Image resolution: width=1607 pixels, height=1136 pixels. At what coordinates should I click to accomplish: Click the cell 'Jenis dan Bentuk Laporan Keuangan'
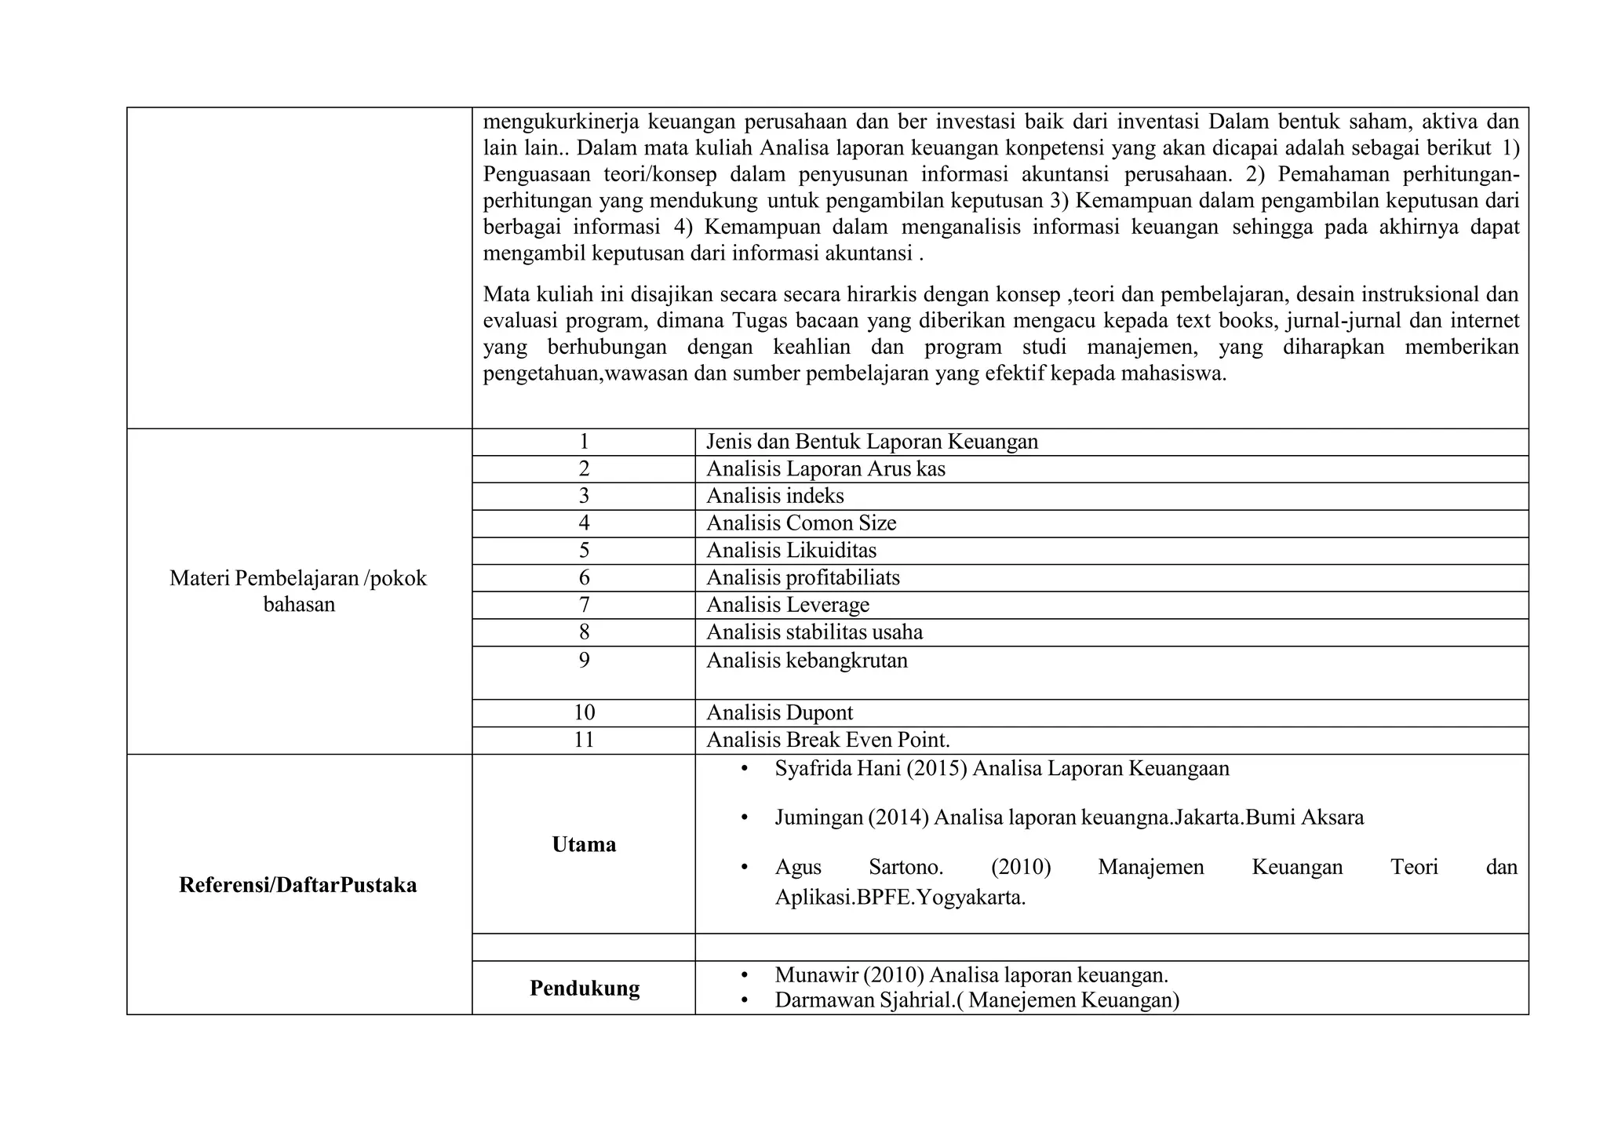pyautogui.click(x=871, y=442)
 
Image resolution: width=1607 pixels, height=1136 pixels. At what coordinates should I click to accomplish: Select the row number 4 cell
pyautogui.click(x=583, y=523)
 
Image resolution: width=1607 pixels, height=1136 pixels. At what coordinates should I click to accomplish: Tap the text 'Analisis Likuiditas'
pyautogui.click(x=791, y=551)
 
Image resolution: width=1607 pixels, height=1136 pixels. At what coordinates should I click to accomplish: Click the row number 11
pyautogui.click(x=583, y=740)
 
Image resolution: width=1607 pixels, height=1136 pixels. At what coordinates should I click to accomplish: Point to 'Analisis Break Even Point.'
pyautogui.click(x=828, y=740)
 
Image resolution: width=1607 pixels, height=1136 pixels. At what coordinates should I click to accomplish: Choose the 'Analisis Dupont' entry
pyautogui.click(x=779, y=712)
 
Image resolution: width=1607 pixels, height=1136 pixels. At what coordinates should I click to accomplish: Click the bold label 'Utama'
pyautogui.click(x=583, y=844)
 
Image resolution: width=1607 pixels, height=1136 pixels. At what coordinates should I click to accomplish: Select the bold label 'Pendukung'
pyautogui.click(x=584, y=988)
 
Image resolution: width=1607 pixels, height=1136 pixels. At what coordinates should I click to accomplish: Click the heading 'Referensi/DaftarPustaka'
pyautogui.click(x=298, y=885)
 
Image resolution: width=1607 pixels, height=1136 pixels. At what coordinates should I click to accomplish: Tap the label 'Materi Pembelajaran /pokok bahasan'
pyautogui.click(x=298, y=591)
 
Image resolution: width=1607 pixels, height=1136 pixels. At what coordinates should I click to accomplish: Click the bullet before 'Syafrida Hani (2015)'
pyautogui.click(x=744, y=769)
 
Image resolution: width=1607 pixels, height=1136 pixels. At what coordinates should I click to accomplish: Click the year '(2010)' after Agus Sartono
pyautogui.click(x=1020, y=867)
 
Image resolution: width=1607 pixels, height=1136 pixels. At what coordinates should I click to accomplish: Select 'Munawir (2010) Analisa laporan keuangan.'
pyautogui.click(x=971, y=975)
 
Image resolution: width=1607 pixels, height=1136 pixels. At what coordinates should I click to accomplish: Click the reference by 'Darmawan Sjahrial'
pyautogui.click(x=977, y=1000)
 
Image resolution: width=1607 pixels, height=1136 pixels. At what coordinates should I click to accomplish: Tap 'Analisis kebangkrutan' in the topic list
pyautogui.click(x=807, y=661)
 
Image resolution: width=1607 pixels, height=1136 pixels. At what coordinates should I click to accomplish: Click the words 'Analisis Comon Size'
pyautogui.click(x=800, y=523)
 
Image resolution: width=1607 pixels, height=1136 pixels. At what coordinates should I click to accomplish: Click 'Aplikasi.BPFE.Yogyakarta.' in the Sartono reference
pyautogui.click(x=900, y=898)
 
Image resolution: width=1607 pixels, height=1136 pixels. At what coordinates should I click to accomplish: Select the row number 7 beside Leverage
pyautogui.click(x=583, y=605)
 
